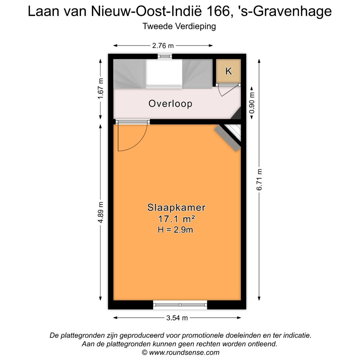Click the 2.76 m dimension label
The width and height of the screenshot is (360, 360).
(x=163, y=46)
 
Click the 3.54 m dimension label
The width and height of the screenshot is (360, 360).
(x=177, y=318)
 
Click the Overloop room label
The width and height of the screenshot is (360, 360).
(x=170, y=103)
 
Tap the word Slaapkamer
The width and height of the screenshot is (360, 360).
(x=176, y=207)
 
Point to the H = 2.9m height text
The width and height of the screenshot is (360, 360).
(x=175, y=229)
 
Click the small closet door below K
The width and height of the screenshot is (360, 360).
(x=229, y=89)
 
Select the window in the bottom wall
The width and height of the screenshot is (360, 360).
(x=180, y=304)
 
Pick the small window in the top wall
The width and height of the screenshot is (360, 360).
(x=165, y=56)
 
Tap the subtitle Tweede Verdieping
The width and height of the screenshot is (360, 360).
(x=179, y=26)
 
